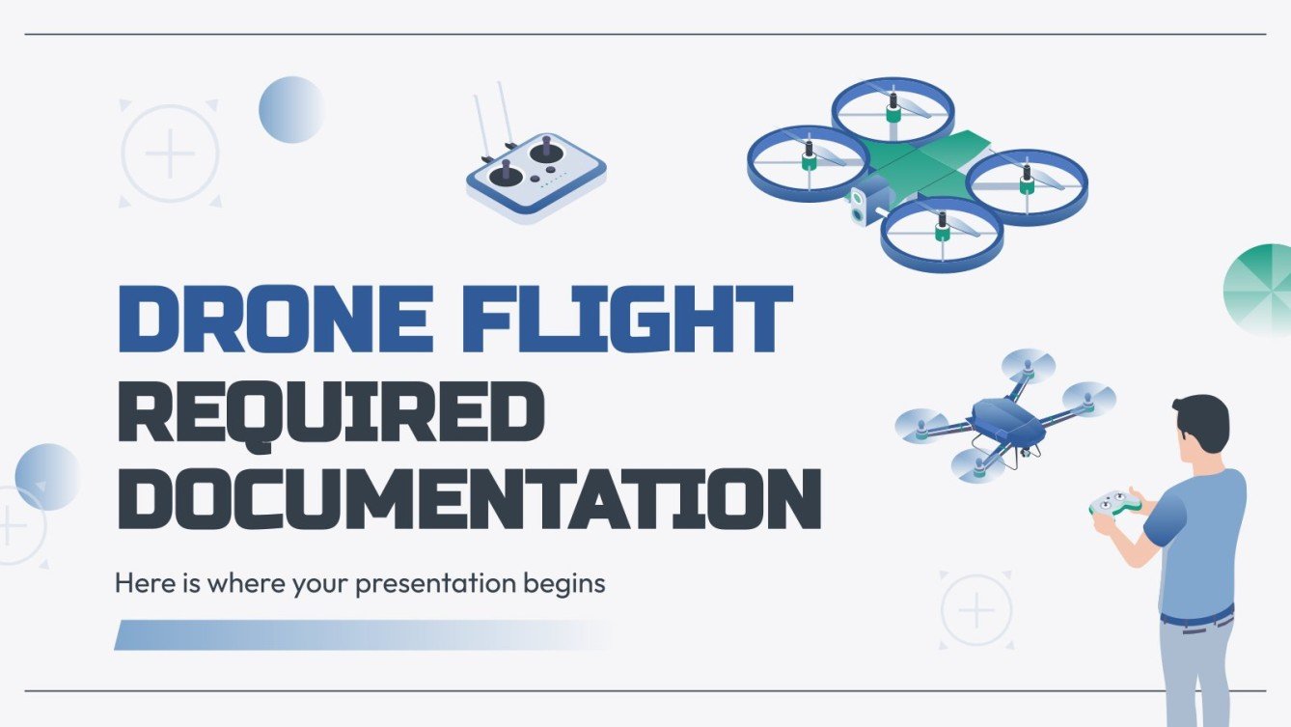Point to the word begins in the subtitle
pyautogui.click(x=568, y=584)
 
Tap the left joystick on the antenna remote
pyautogui.click(x=505, y=175)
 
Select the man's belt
pyautogui.click(x=1196, y=614)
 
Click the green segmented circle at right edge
pyautogui.click(x=1260, y=290)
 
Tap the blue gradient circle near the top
pyautogui.click(x=291, y=110)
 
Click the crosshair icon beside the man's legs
pyautogui.click(x=976, y=610)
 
